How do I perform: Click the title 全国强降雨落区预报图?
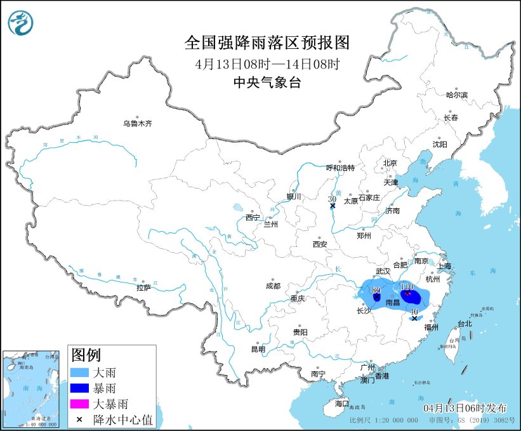pos(267,43)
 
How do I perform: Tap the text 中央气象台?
pos(267,82)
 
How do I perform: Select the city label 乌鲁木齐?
pos(138,123)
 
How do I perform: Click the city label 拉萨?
pos(143,287)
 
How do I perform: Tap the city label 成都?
pos(273,286)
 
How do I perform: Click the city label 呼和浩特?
pos(340,168)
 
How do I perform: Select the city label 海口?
pos(342,403)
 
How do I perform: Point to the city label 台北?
pos(465,323)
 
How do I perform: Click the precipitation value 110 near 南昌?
pos(407,288)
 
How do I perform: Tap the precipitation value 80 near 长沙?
pos(376,289)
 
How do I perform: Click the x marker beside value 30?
pos(333,206)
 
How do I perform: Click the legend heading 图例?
pos(85,354)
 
